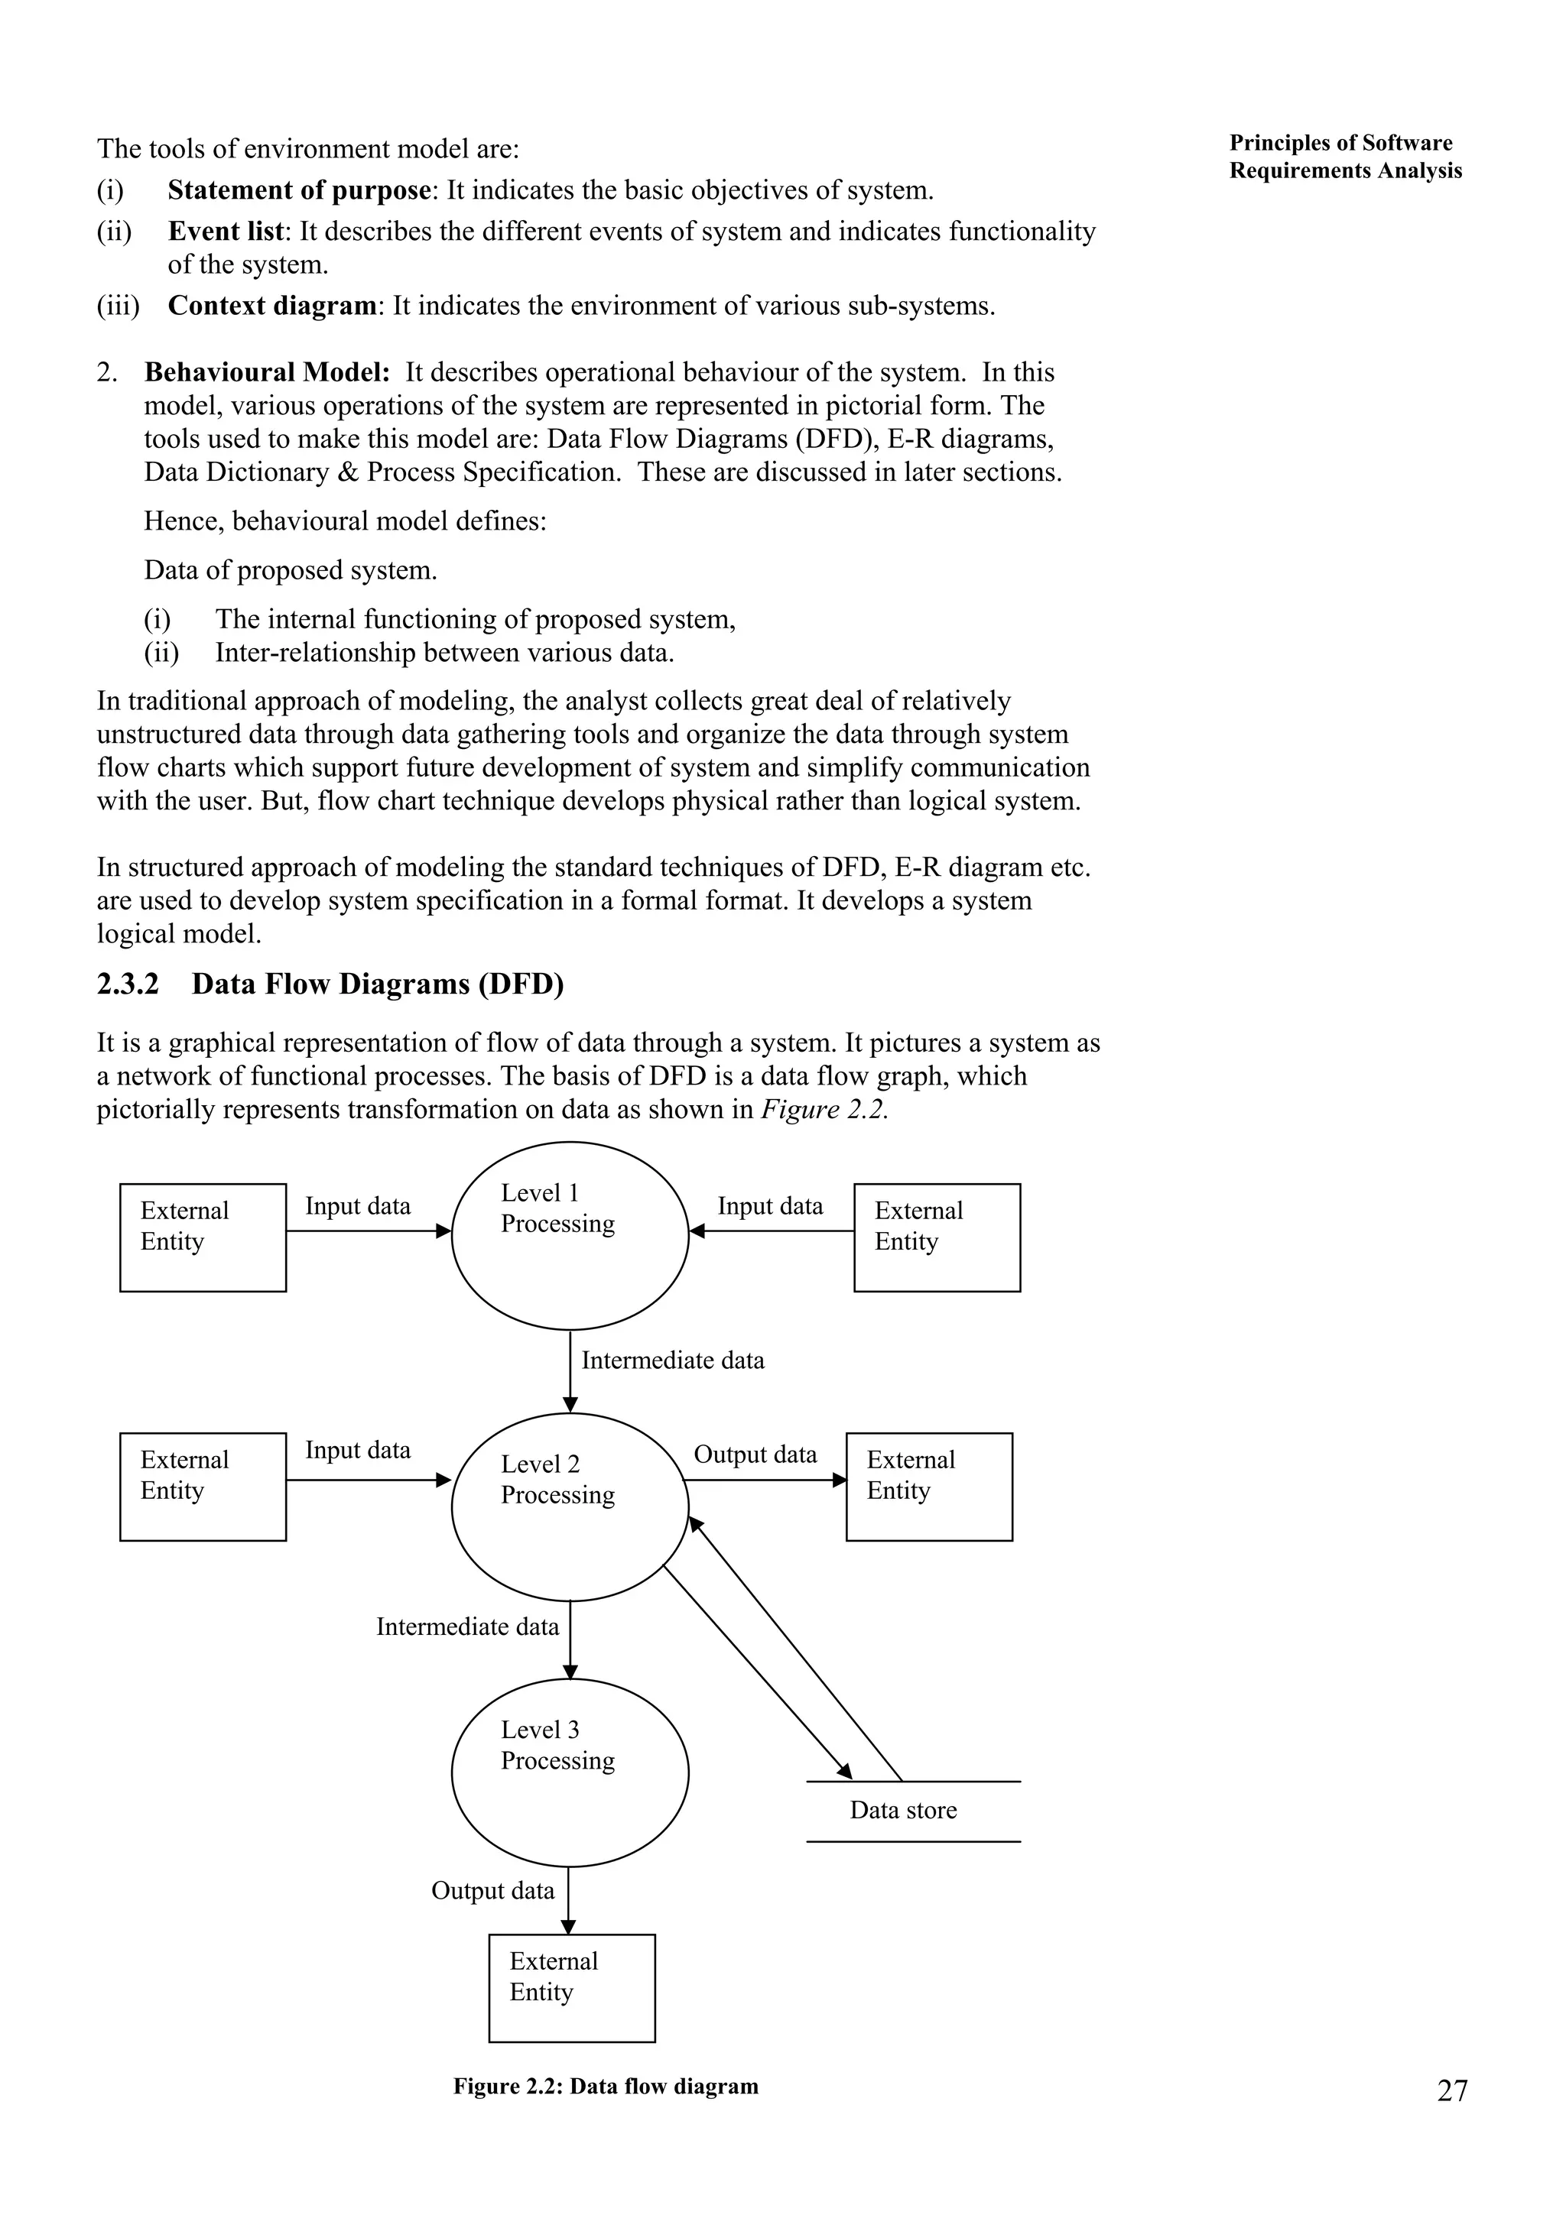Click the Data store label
point(903,1811)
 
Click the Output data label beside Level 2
point(755,1455)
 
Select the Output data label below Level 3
point(492,1891)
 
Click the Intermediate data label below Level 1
point(673,1361)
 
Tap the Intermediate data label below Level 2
point(467,1627)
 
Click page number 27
point(1452,2091)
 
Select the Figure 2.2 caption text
point(606,2087)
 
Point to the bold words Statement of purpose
point(299,190)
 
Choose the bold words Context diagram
point(271,306)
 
